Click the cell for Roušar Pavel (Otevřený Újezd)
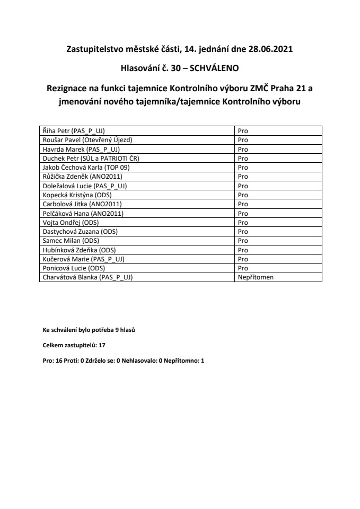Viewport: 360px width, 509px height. (x=86, y=139)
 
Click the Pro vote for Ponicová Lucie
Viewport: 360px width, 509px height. (x=243, y=268)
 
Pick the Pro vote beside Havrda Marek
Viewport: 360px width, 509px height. (x=243, y=148)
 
